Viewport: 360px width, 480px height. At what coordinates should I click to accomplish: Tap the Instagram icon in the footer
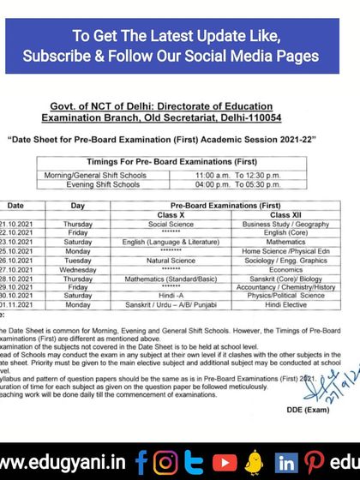(168, 463)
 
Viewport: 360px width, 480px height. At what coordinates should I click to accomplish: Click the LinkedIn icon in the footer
(285, 463)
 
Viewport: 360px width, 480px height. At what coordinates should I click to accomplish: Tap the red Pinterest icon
(316, 463)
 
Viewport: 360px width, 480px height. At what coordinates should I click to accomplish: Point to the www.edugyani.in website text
(65, 463)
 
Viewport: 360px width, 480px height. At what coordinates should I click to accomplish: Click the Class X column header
(171, 214)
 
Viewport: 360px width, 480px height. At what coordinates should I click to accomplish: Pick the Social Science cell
(171, 224)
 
